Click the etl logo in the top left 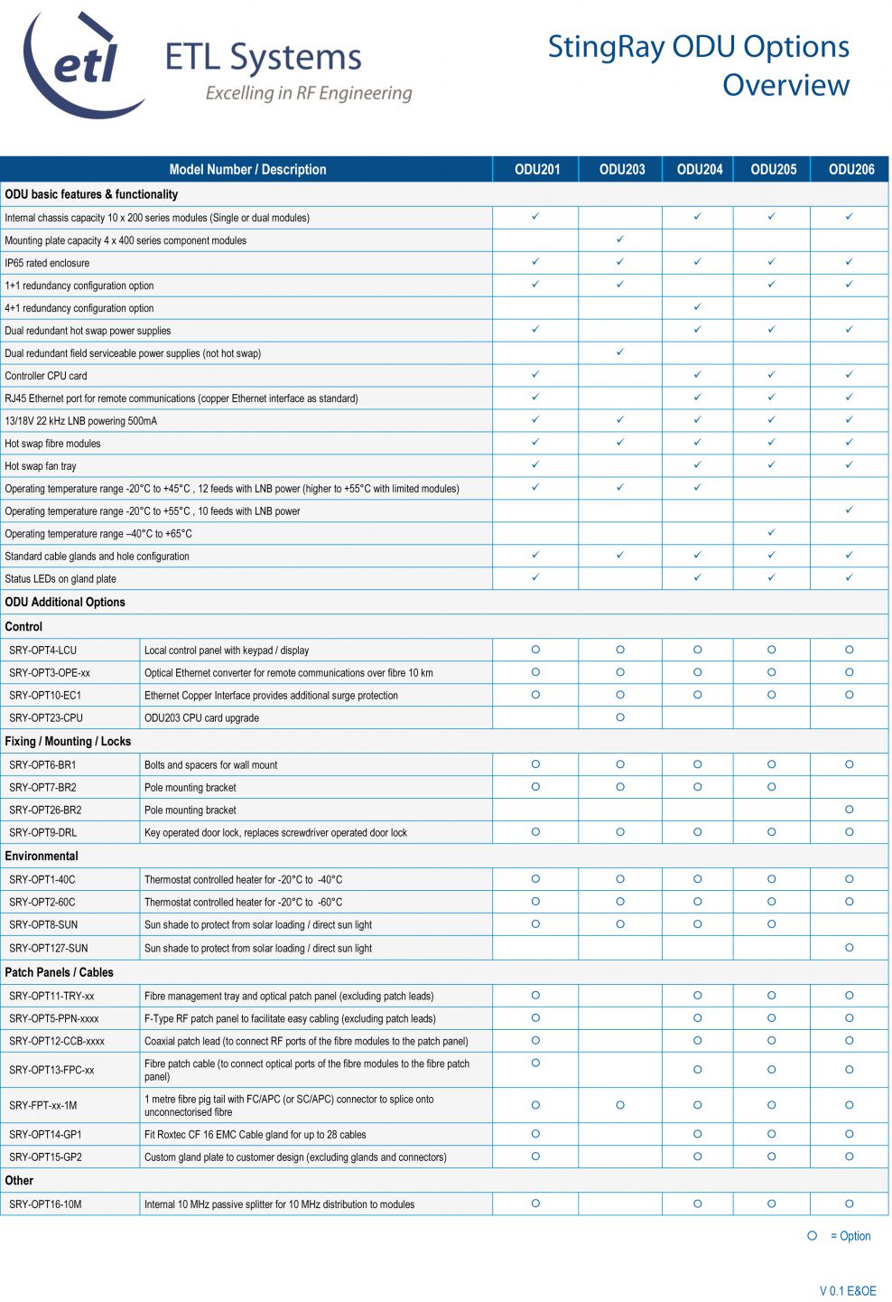83,65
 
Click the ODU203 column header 621,169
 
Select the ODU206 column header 850,169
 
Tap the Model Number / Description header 247,169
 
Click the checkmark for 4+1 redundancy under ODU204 697,307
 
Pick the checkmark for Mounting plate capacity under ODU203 620,239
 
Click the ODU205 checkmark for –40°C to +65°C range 771,533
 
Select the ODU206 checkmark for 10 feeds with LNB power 850,510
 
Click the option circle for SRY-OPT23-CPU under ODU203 620,717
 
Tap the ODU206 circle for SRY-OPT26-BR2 850,810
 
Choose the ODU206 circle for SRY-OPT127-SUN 850,948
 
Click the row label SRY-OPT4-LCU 42,651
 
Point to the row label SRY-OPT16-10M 45,1204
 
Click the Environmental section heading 42,856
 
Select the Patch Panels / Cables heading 60,972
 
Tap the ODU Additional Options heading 65,602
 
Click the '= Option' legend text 850,1236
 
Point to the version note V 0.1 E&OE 847,1290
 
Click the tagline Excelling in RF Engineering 309,93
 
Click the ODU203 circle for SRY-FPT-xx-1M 620,1105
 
